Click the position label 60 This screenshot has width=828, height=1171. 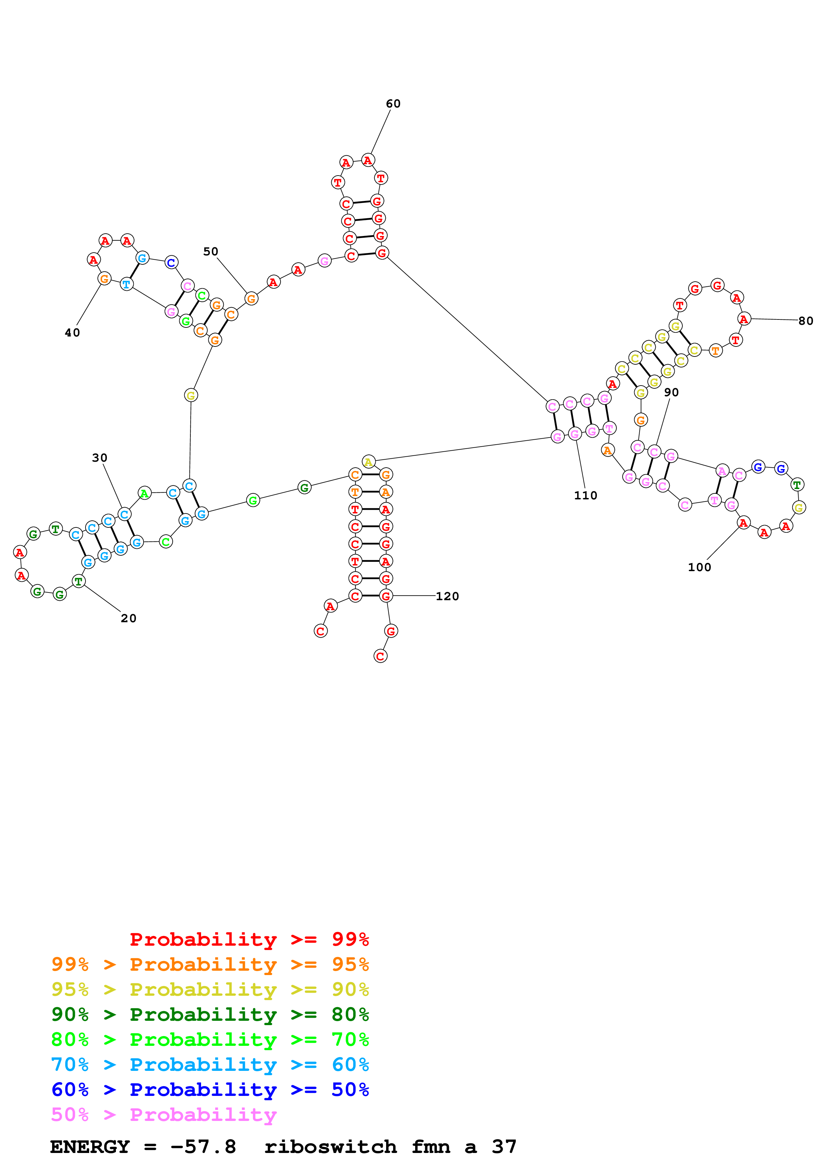(x=393, y=104)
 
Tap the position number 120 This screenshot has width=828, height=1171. (x=448, y=596)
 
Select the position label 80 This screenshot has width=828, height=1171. (x=806, y=321)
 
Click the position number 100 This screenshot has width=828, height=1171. (x=699, y=567)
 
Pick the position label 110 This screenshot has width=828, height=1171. (x=585, y=495)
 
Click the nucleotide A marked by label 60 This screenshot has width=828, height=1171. (x=368, y=161)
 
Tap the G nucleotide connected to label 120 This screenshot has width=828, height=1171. (x=386, y=596)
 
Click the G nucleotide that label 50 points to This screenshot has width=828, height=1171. (x=251, y=299)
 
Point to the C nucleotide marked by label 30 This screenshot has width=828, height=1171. (x=124, y=514)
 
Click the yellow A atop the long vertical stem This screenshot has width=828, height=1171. (x=368, y=462)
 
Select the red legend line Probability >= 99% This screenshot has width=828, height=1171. (x=249, y=939)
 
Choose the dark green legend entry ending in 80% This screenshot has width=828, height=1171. (x=210, y=1014)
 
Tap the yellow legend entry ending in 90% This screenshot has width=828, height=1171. (x=210, y=989)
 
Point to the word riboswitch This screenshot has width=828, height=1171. (x=331, y=1147)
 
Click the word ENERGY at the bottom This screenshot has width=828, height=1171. (x=90, y=1147)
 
